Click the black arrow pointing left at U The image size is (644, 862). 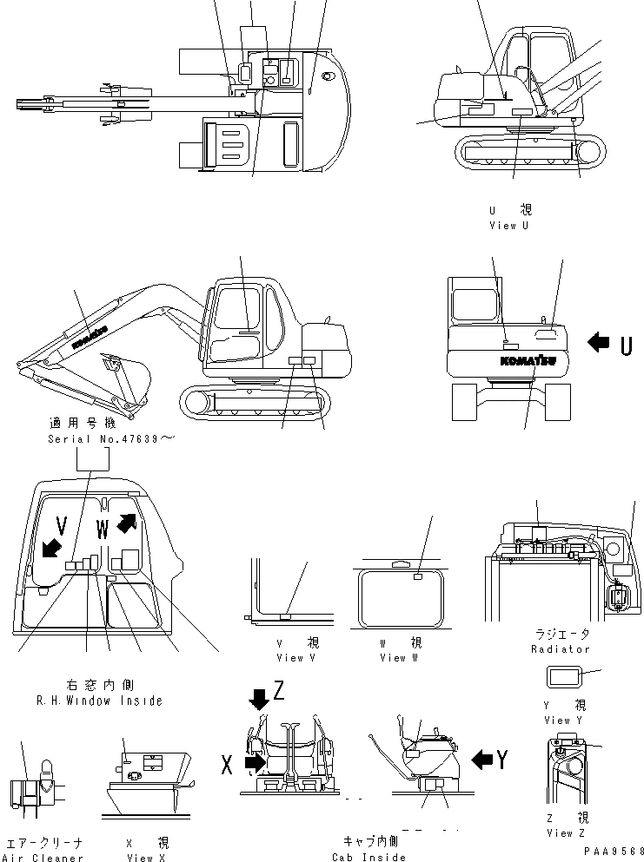pos(599,343)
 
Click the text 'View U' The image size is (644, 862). pos(508,226)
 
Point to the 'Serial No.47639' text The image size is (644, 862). pos(111,440)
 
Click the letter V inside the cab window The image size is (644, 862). pos(61,523)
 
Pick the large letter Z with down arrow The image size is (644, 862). pos(278,691)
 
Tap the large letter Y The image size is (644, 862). pos(502,760)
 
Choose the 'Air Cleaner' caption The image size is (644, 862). pos(44,859)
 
